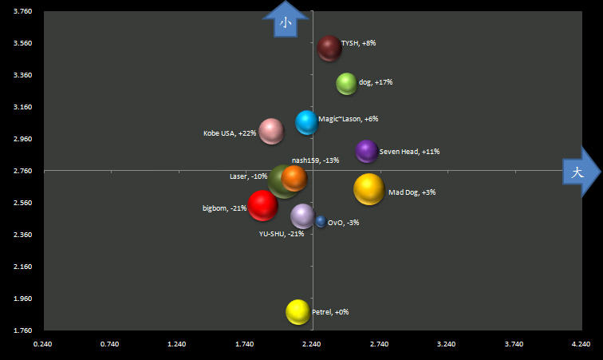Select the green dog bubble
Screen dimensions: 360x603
[346, 83]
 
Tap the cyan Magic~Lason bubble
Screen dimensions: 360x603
[307, 122]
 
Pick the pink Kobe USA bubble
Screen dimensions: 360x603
[271, 131]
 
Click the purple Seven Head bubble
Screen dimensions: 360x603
[367, 150]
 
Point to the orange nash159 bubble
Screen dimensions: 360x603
[294, 177]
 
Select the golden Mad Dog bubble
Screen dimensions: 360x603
[368, 189]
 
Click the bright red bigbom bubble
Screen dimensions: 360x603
[262, 205]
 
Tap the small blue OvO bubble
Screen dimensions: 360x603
[321, 221]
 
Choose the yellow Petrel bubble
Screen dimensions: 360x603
[298, 311]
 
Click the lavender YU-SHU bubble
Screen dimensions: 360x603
[302, 216]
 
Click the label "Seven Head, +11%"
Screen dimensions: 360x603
[409, 151]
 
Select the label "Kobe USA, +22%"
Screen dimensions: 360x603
[230, 133]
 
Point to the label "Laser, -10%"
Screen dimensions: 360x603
[248, 176]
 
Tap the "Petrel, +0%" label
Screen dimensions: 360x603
[330, 312]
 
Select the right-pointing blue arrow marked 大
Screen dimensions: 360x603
[579, 172]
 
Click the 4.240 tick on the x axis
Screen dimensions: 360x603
[581, 344]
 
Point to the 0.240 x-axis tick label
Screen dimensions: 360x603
[41, 344]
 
